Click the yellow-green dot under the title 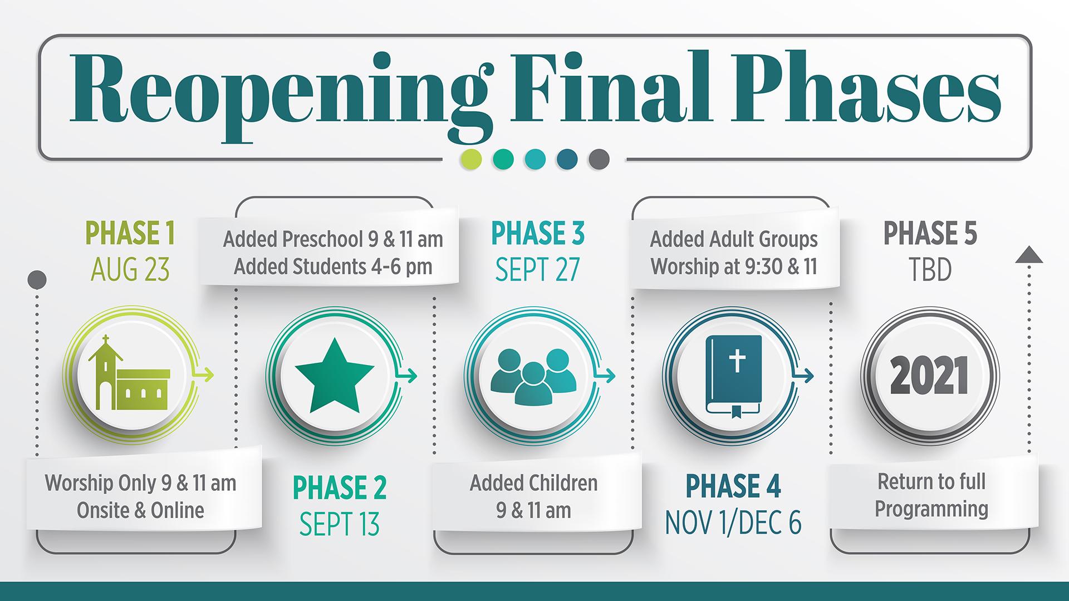tap(471, 159)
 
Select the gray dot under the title tap(599, 159)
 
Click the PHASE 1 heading tap(130, 233)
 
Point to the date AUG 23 tap(130, 270)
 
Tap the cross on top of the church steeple tap(106, 339)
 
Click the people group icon tap(533, 376)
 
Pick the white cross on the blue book tap(737, 361)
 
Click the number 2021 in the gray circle tap(929, 376)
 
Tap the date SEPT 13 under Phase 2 tap(339, 524)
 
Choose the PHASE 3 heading tap(538, 233)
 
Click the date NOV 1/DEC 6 tap(733, 523)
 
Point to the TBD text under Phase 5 tap(930, 270)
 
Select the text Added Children tap(533, 483)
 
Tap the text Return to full tap(931, 482)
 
